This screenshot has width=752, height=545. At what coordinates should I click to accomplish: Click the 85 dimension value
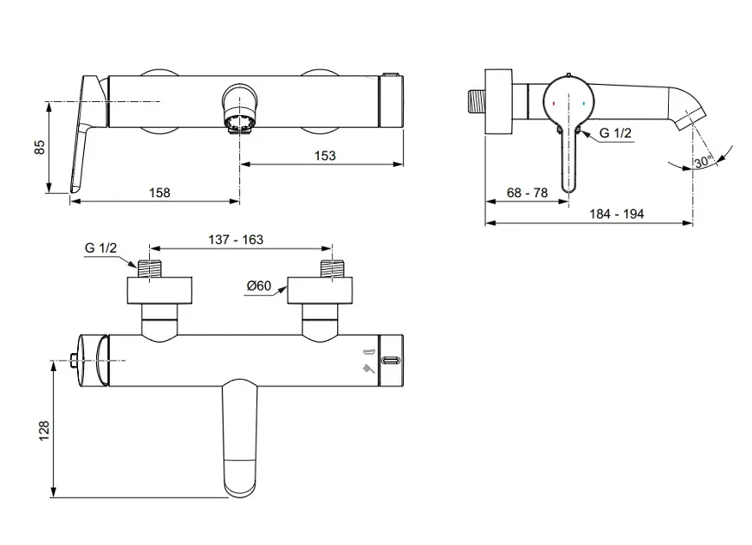coord(39,148)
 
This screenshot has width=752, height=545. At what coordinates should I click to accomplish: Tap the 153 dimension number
coord(323,156)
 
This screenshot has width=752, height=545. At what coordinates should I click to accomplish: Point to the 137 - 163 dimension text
coord(236,239)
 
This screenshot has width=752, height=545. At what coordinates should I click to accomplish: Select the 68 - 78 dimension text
coord(527,193)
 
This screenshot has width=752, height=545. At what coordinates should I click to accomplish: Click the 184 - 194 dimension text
coord(618,215)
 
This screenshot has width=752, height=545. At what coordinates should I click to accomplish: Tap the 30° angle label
coord(702,161)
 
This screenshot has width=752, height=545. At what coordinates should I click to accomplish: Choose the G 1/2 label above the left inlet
coord(101,247)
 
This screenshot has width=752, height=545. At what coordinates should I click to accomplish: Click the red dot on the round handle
coord(554,101)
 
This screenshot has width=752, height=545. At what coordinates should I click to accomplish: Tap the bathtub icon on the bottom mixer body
coord(367,351)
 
